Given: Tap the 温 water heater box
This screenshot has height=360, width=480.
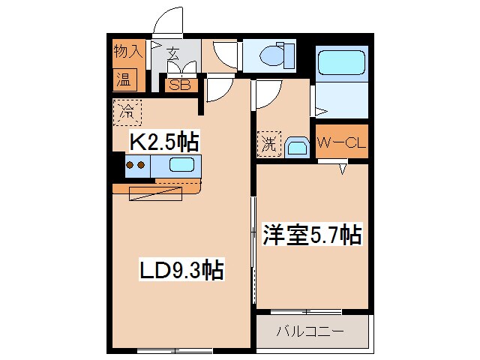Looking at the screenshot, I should click(122, 79).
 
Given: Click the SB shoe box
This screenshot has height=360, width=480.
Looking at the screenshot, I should click(180, 85).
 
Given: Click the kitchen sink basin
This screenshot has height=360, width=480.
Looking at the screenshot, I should click(183, 166).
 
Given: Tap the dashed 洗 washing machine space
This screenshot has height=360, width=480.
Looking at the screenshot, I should click(268, 143).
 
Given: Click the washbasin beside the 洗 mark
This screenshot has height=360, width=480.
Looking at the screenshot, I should click(296, 147).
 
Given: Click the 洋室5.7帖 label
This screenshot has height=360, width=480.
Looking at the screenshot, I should click(312, 235).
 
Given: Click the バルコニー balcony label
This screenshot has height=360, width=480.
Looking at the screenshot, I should click(313, 330).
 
